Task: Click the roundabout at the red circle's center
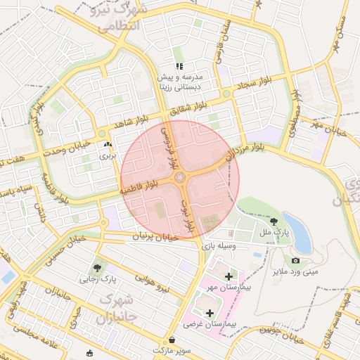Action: [180, 179]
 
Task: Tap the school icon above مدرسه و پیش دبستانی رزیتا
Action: [179, 65]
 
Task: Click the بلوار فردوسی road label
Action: [169, 149]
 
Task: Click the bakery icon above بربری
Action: [108, 145]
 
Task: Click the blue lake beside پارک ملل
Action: [298, 232]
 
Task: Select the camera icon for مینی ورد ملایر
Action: [295, 261]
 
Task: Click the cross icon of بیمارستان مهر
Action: [229, 276]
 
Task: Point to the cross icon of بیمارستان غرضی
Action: [209, 312]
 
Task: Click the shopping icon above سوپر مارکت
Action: [172, 340]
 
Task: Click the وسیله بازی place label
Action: [217, 245]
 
